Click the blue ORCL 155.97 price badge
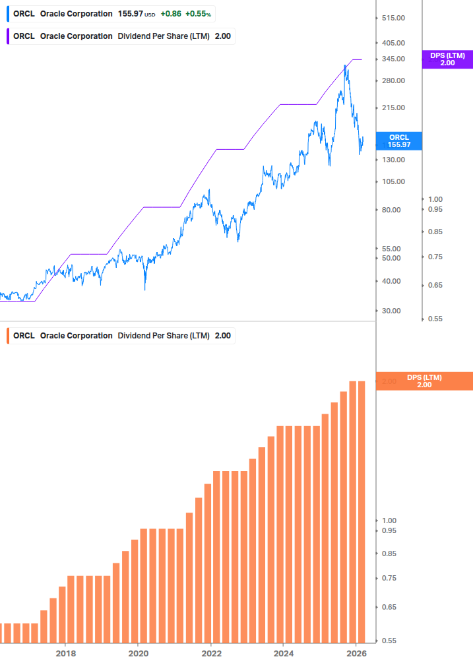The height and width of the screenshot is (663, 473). click(398, 141)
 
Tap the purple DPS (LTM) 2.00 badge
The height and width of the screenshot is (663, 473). click(447, 59)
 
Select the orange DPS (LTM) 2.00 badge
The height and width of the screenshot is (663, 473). click(424, 381)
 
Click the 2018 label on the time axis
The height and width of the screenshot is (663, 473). click(65, 653)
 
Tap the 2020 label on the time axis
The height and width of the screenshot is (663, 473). click(138, 653)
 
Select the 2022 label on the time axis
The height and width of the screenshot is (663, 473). click(211, 653)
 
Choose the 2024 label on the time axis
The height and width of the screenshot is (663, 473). click(283, 653)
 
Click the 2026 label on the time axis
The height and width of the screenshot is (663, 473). click(356, 653)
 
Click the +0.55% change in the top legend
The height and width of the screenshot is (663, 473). click(199, 13)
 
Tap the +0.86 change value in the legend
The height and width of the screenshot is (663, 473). click(171, 13)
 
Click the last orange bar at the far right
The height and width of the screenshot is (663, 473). click(362, 511)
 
